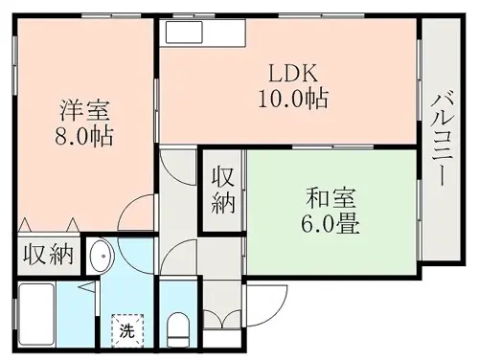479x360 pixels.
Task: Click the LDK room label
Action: [293, 74]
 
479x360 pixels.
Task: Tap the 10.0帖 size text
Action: [293, 99]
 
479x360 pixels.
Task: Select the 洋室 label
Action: [85, 110]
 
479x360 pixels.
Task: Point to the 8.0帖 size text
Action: [84, 136]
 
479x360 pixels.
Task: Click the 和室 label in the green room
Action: [331, 198]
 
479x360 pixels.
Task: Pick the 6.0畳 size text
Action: [331, 224]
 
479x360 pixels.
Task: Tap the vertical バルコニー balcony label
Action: [442, 138]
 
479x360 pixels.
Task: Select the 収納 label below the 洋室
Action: [49, 255]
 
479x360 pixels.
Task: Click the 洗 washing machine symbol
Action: [127, 331]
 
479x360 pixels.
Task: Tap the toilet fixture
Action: [178, 329]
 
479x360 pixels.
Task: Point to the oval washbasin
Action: [103, 256]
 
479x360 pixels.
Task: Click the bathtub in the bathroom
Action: [36, 315]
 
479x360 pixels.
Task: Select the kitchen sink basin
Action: [184, 32]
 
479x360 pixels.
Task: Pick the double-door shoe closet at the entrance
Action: [222, 319]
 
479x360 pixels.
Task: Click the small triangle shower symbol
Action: [87, 286]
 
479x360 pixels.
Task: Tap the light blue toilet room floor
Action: [178, 297]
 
